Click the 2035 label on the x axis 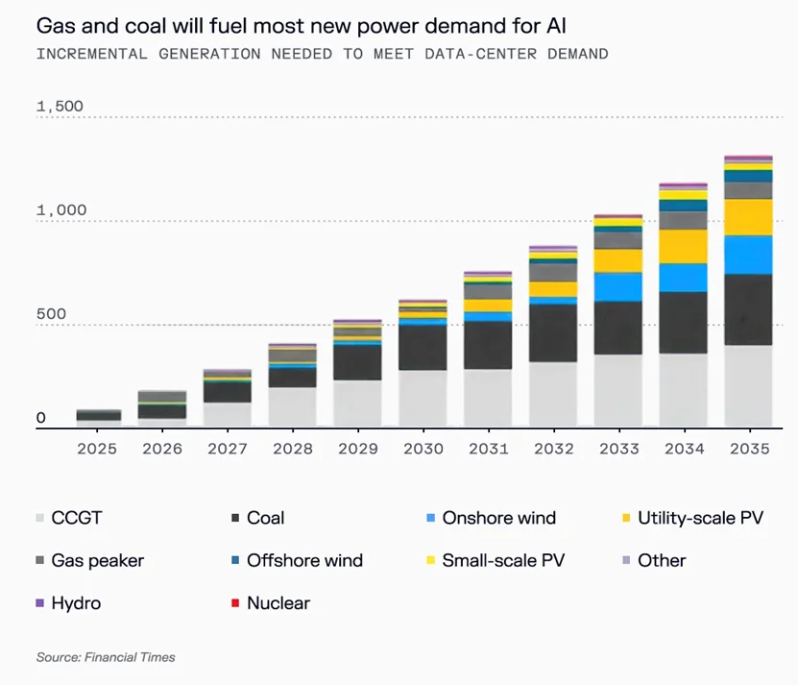point(749,450)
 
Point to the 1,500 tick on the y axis point(60,106)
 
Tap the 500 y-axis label point(54,314)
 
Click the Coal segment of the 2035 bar point(749,309)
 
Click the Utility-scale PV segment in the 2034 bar point(684,246)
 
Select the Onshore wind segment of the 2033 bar point(618,286)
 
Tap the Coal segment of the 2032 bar point(553,332)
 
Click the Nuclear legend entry point(278,603)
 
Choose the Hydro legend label point(76,603)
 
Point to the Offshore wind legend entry point(304,560)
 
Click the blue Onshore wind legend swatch point(429,518)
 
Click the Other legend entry point(662,560)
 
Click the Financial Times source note point(106,657)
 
